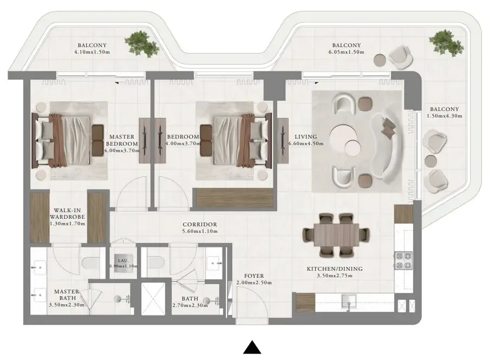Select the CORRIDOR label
(x=200, y=224)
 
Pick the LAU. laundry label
(x=120, y=260)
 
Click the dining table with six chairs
(x=335, y=234)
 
